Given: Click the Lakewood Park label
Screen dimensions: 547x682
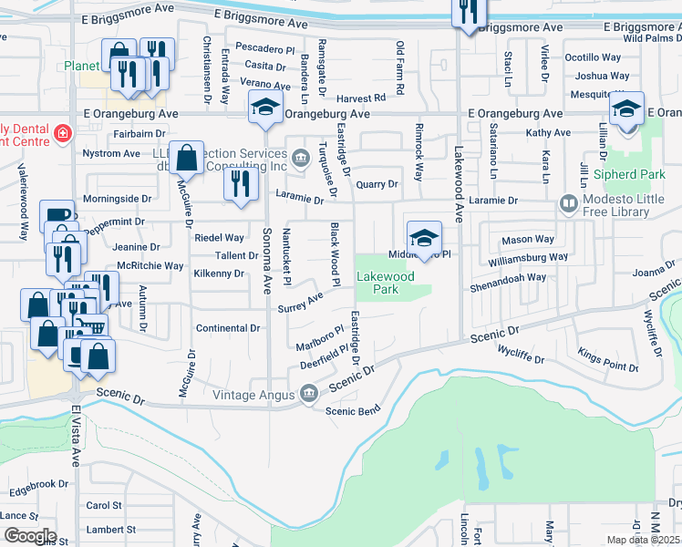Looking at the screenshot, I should pyautogui.click(x=385, y=283).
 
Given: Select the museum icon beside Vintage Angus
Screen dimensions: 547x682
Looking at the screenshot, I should pyautogui.click(x=308, y=394).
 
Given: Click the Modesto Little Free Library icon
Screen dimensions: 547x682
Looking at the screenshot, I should pyautogui.click(x=568, y=201).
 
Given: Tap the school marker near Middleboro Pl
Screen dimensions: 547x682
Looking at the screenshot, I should pyautogui.click(x=424, y=239).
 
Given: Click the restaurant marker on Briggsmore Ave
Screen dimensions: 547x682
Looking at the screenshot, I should pyautogui.click(x=470, y=12).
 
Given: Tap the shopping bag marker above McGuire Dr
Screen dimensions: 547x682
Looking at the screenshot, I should pyautogui.click(x=187, y=159).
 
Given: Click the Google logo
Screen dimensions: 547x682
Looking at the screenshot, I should pyautogui.click(x=29, y=536).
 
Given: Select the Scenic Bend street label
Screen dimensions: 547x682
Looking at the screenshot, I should pyautogui.click(x=354, y=411).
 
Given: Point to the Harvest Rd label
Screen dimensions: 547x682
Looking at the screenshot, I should pyautogui.click(x=360, y=98).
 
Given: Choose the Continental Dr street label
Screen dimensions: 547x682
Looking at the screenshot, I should pyautogui.click(x=229, y=328).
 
